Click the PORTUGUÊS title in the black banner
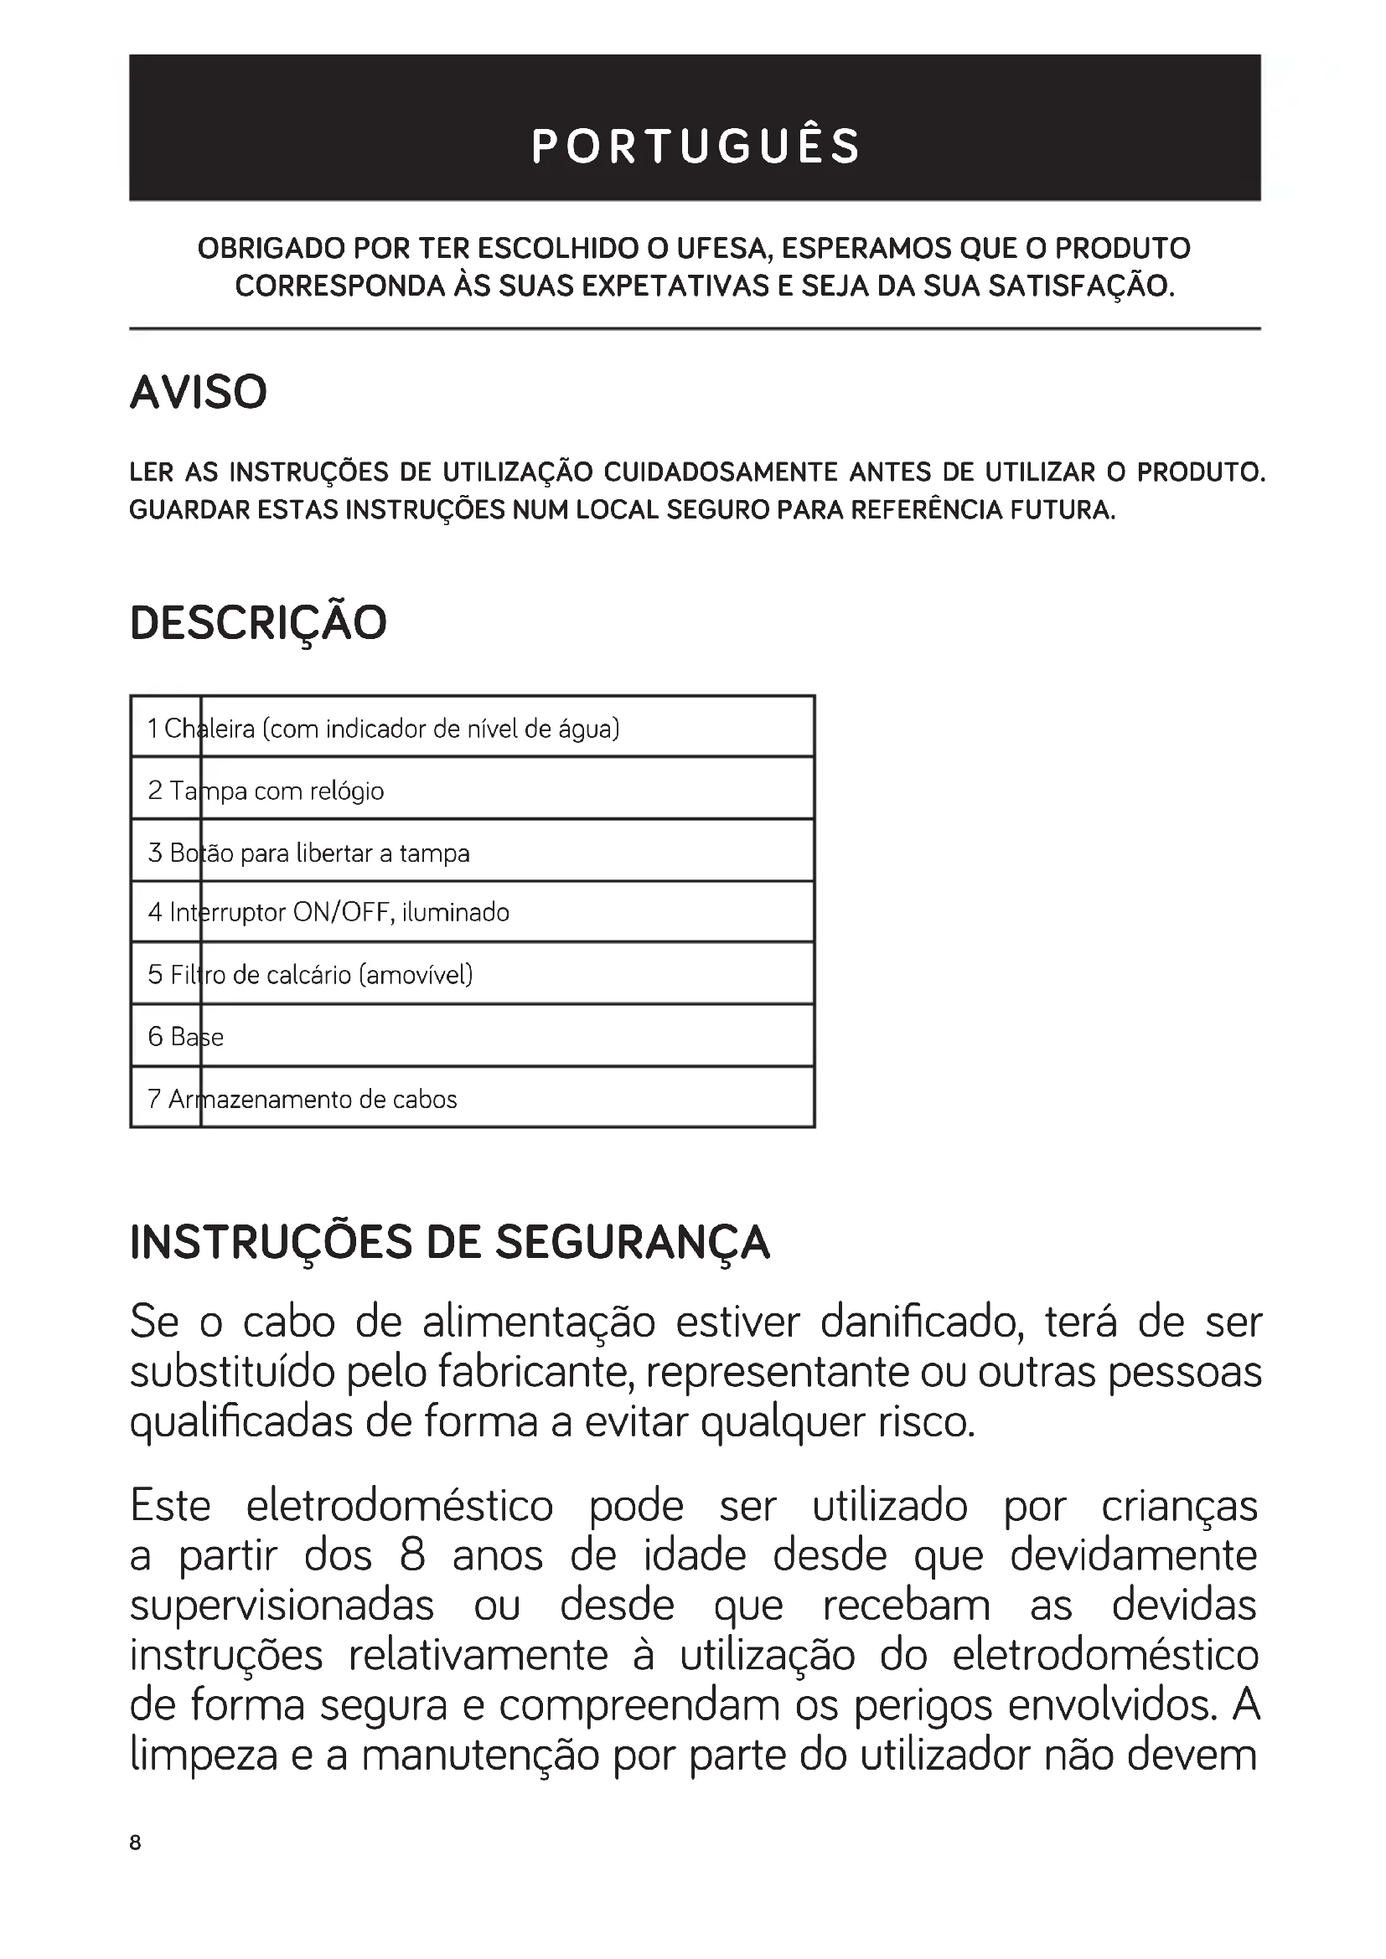click(695, 146)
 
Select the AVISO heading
click(198, 393)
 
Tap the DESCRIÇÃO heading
click(258, 623)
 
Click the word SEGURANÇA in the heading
click(633, 1243)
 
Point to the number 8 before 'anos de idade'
click(412, 1555)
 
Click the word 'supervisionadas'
click(282, 1606)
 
